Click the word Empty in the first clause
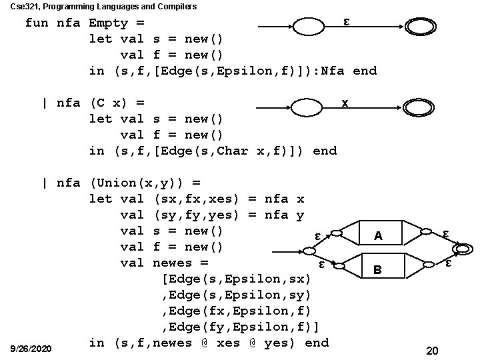point(108,23)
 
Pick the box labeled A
point(378,235)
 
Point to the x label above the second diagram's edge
point(344,103)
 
